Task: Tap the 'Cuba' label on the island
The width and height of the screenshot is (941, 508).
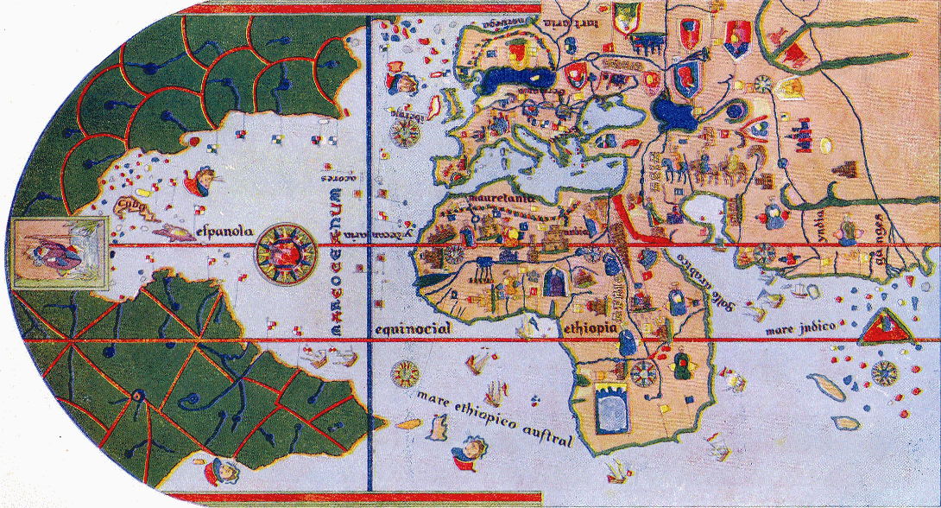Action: [x=129, y=205]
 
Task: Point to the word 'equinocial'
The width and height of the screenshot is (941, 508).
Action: [x=409, y=330]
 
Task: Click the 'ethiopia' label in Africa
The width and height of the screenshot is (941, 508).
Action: [x=590, y=329]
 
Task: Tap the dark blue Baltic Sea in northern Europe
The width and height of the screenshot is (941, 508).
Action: [x=509, y=79]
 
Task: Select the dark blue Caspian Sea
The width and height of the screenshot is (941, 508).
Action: [x=668, y=111]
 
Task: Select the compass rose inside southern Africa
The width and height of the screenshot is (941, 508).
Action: [x=642, y=372]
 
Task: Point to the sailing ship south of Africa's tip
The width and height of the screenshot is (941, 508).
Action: [x=616, y=472]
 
